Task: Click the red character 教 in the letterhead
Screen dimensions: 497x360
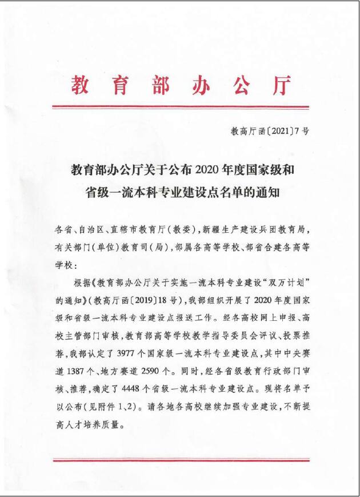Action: click(82, 84)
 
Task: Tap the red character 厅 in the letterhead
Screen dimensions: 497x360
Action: click(281, 84)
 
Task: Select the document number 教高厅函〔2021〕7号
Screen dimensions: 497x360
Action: click(270, 131)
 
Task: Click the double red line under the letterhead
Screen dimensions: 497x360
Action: click(180, 106)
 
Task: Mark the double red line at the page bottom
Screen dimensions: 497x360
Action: click(180, 460)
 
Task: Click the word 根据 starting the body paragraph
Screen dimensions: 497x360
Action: click(84, 283)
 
